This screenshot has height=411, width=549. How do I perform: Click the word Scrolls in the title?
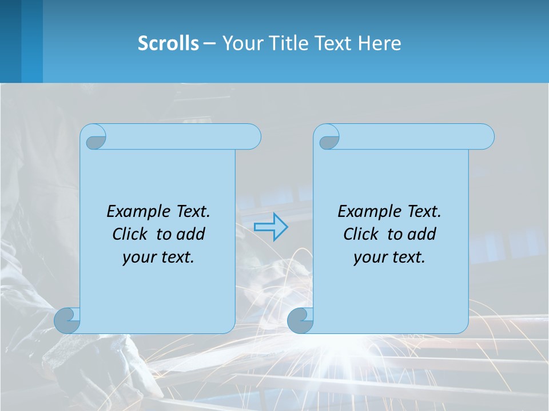pyautogui.click(x=168, y=43)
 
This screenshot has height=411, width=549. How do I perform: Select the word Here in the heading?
pyautogui.click(x=379, y=43)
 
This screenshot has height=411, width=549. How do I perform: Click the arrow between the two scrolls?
pyautogui.click(x=270, y=227)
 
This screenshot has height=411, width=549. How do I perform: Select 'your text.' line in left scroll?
pyautogui.click(x=158, y=257)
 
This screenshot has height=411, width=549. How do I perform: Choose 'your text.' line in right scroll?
pyautogui.click(x=389, y=257)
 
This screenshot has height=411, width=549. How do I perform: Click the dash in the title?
pyautogui.click(x=210, y=43)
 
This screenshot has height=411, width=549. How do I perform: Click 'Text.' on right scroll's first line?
pyautogui.click(x=424, y=212)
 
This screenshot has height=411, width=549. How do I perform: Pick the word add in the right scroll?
pyautogui.click(x=422, y=234)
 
